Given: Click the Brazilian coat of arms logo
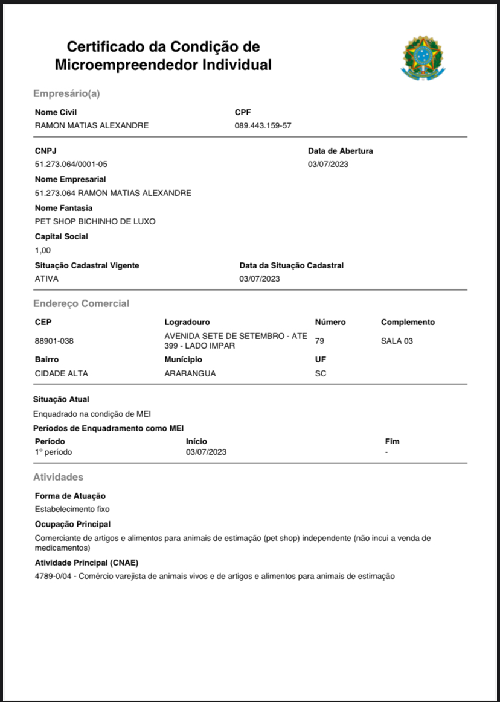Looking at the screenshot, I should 423,57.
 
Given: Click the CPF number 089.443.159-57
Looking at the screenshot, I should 263,125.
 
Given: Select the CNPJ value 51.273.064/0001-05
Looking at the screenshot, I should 71,164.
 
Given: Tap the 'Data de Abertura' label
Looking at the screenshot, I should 341,151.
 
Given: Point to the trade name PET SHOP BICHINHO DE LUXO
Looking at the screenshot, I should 95,221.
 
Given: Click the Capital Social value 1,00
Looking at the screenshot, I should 43,250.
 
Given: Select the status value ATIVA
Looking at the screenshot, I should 46,279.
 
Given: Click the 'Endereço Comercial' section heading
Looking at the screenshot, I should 81,303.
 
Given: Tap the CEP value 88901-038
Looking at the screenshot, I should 54,341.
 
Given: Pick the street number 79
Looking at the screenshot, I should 319,341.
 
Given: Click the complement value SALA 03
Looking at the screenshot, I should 397,341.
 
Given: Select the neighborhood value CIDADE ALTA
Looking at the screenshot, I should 62,373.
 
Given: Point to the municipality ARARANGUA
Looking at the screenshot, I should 190,373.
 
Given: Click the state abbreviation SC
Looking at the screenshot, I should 321,373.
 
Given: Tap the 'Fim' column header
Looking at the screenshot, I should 392,441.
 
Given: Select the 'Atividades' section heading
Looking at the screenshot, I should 58,477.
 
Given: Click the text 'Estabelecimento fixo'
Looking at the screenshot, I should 72,509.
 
